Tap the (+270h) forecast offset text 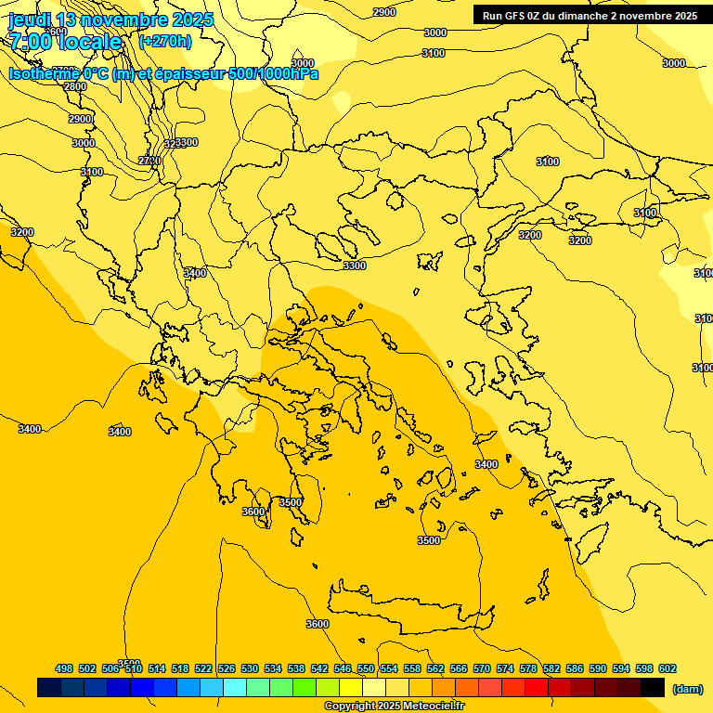coord(165,41)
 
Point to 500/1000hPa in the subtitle coord(274,74)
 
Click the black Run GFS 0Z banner coord(590,16)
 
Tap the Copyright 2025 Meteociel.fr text coord(394,707)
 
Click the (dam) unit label coord(687,688)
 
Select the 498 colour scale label coord(64,668)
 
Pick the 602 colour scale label coord(668,668)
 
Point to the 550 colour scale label coord(366,668)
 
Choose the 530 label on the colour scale coord(250,668)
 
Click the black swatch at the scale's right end coord(653,688)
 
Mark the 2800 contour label coord(75,86)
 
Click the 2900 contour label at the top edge coord(383,12)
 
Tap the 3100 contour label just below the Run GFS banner coord(434,53)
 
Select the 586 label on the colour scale coord(575,668)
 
